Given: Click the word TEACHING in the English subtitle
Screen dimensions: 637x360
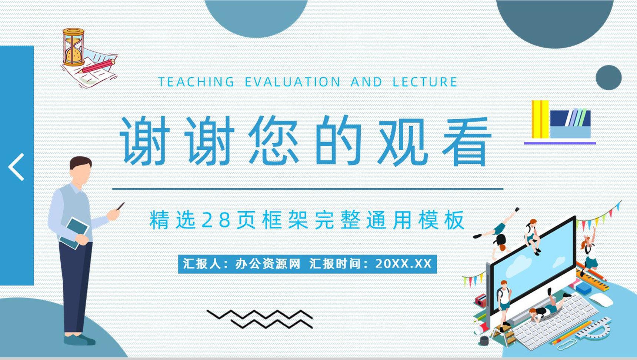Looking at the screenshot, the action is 196,82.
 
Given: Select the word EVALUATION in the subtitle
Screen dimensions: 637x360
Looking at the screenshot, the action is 293,82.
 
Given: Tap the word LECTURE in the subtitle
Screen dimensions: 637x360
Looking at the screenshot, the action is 425,82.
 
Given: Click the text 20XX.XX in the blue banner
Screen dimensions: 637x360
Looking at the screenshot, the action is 403,264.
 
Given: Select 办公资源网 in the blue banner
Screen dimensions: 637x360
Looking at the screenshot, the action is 267,264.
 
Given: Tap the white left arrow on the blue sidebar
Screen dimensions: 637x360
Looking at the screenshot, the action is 16,167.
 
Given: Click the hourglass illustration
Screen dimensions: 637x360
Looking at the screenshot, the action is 73,47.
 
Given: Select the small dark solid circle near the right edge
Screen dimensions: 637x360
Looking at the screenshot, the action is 608,77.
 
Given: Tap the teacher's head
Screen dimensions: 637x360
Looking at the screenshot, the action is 81,170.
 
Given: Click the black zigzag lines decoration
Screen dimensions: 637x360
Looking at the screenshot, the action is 260,319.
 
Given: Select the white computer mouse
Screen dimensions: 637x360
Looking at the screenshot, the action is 601,300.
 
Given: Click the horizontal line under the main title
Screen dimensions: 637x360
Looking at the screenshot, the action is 308,189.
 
